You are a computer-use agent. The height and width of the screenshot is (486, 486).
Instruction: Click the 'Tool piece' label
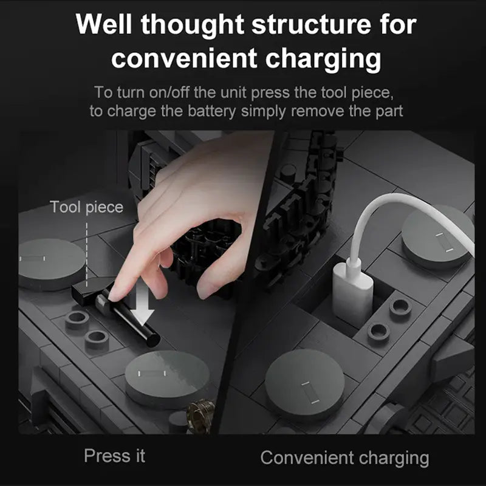[86, 207]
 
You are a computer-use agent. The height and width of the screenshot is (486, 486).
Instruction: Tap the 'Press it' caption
[114, 456]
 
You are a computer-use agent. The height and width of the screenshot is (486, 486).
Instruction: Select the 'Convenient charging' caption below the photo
[344, 458]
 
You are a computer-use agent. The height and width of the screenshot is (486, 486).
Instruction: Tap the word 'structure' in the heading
[311, 24]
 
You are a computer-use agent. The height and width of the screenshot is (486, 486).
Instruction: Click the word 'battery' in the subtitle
[211, 111]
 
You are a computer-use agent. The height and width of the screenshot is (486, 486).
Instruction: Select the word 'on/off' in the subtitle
[169, 92]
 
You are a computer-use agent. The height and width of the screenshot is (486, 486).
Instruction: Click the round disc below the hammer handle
[168, 378]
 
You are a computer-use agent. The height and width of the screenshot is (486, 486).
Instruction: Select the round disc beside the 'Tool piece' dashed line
[50, 264]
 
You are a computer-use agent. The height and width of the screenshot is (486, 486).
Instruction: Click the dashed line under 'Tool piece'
[86, 253]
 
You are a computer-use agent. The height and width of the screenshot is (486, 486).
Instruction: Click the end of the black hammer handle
[153, 340]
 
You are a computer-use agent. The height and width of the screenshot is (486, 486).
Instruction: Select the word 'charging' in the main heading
[323, 59]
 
